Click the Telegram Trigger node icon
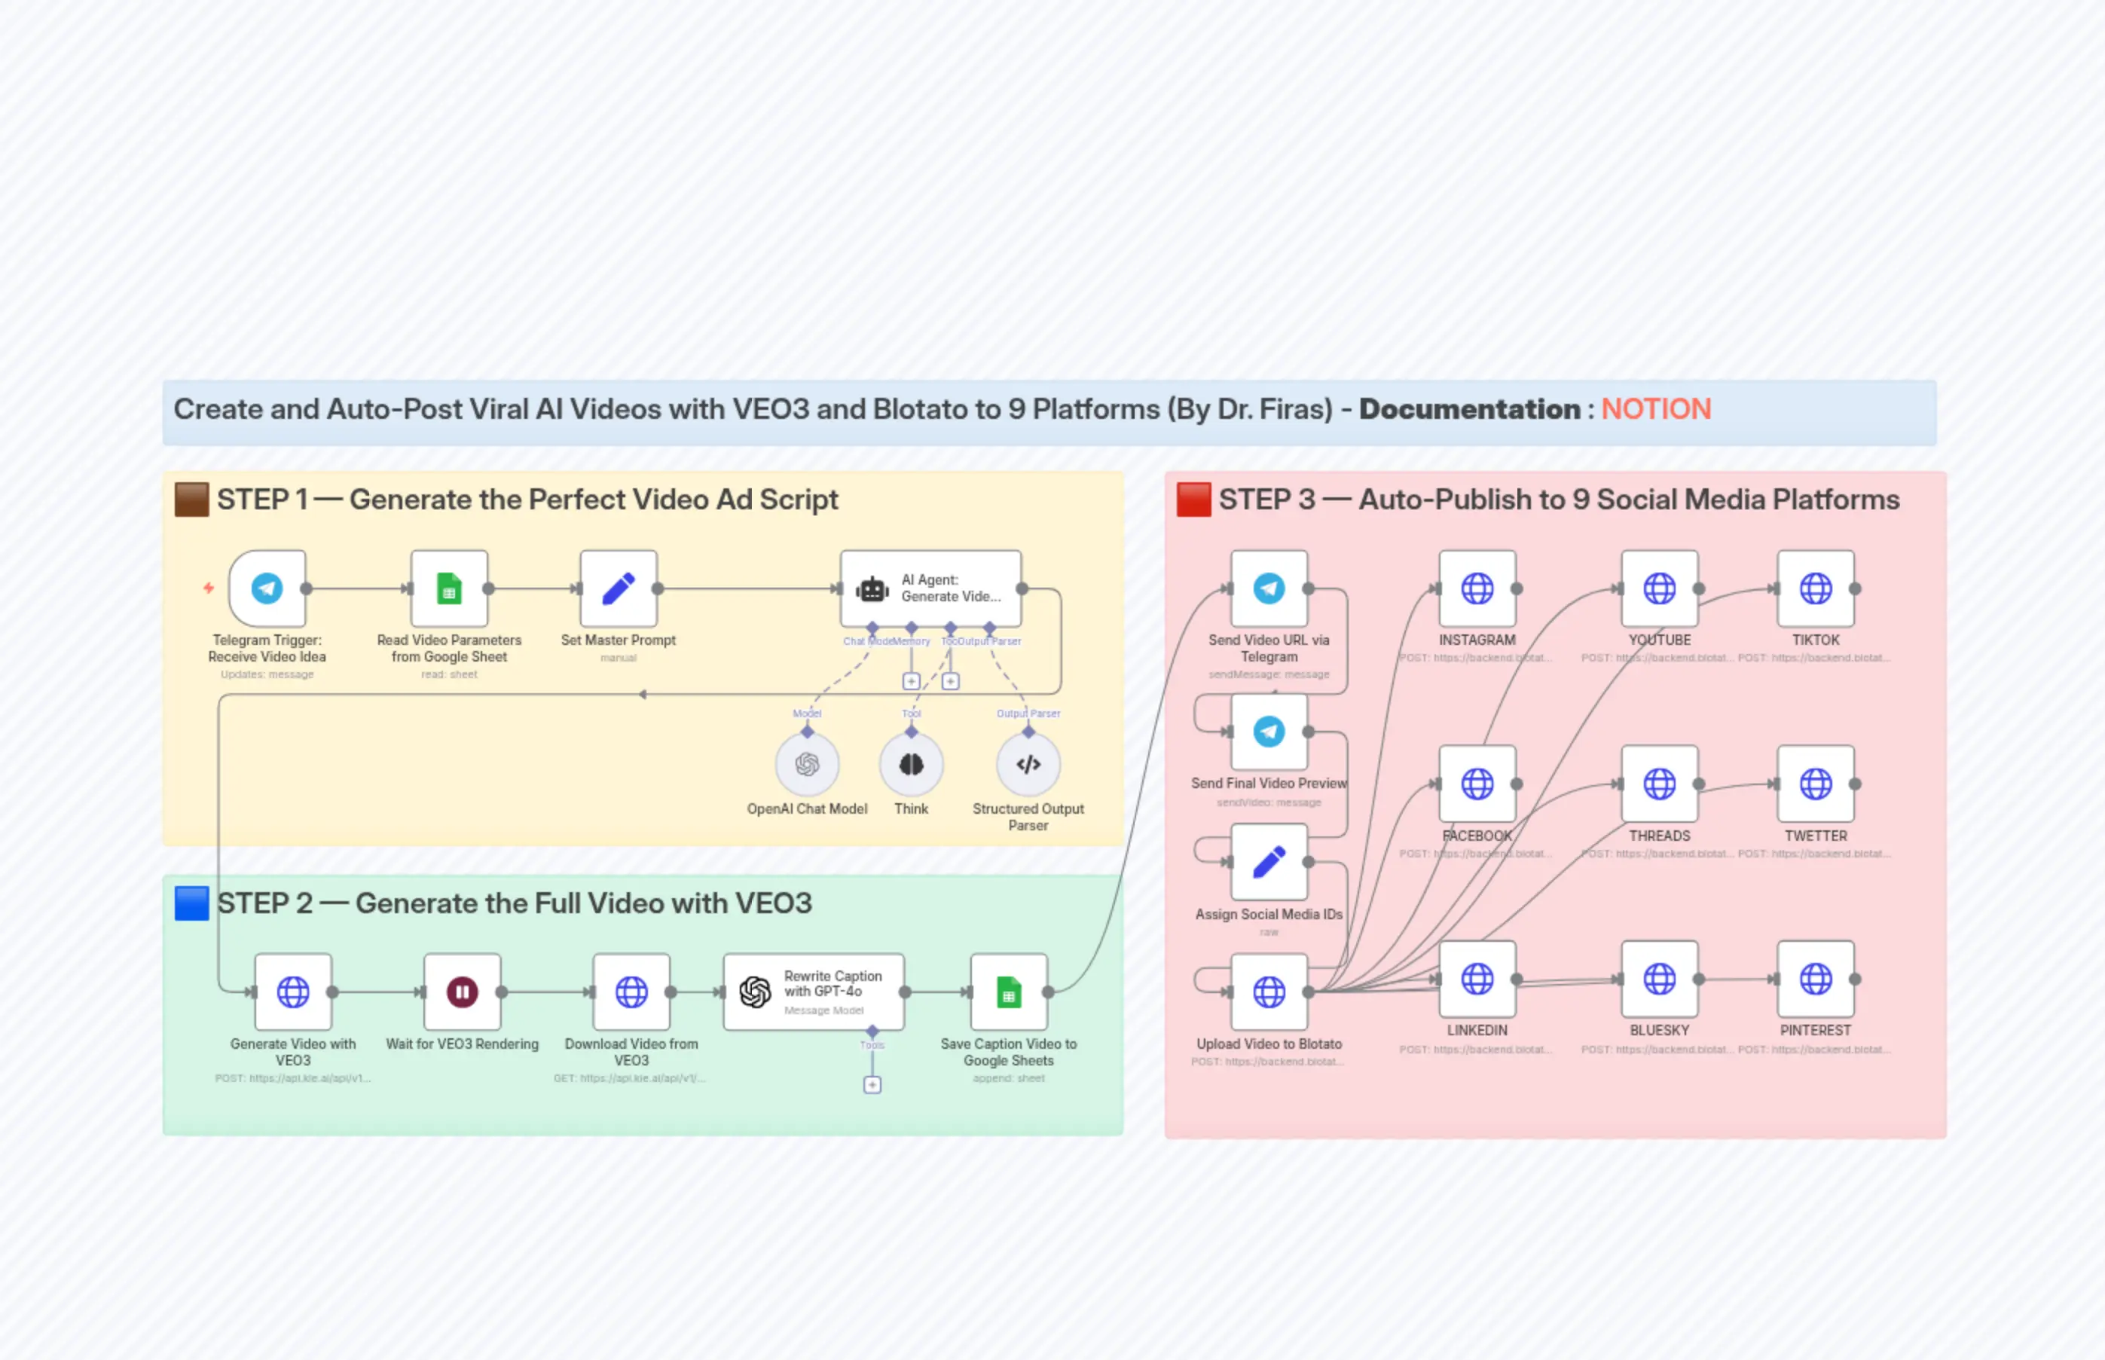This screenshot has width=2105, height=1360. point(267,588)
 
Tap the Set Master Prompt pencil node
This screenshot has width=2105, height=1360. point(618,588)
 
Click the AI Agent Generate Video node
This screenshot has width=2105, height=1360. point(930,588)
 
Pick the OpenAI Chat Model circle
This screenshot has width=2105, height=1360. point(807,765)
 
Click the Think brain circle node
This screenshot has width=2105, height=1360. point(911,765)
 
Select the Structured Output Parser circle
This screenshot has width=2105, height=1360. point(1028,765)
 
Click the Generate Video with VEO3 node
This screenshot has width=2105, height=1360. point(293,992)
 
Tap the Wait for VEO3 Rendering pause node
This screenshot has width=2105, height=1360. point(462,992)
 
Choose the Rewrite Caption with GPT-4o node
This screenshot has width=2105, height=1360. point(813,992)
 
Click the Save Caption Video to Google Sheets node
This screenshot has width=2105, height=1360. point(1008,992)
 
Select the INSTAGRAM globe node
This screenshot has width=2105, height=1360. point(1477,588)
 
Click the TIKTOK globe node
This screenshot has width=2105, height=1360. point(1816,588)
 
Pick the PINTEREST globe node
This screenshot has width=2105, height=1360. point(1816,979)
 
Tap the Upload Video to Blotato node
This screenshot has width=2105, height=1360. point(1269,992)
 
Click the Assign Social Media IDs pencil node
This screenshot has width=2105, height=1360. point(1269,862)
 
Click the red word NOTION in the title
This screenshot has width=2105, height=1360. point(1655,409)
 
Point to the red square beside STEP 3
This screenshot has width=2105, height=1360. point(1193,499)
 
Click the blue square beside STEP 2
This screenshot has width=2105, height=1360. point(191,903)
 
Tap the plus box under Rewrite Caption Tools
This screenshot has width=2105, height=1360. point(872,1084)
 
